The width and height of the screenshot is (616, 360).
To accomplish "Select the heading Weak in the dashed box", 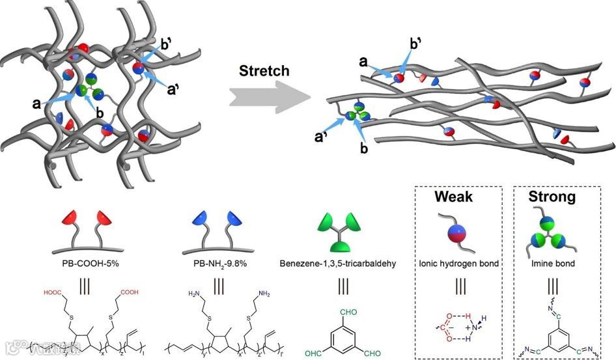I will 454,196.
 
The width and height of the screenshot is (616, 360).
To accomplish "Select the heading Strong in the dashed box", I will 553,196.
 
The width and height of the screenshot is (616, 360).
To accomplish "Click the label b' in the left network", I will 166,46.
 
